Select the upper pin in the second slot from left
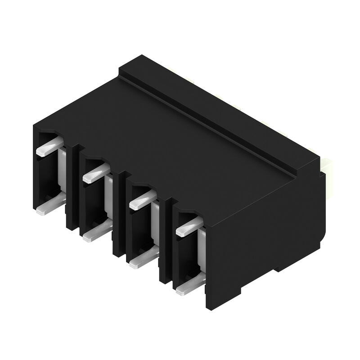click(96, 173)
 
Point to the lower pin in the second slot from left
click(96, 231)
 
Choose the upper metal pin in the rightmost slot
click(189, 226)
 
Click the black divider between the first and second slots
click(73, 189)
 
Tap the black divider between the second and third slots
click(119, 216)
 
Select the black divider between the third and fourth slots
click(166, 243)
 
